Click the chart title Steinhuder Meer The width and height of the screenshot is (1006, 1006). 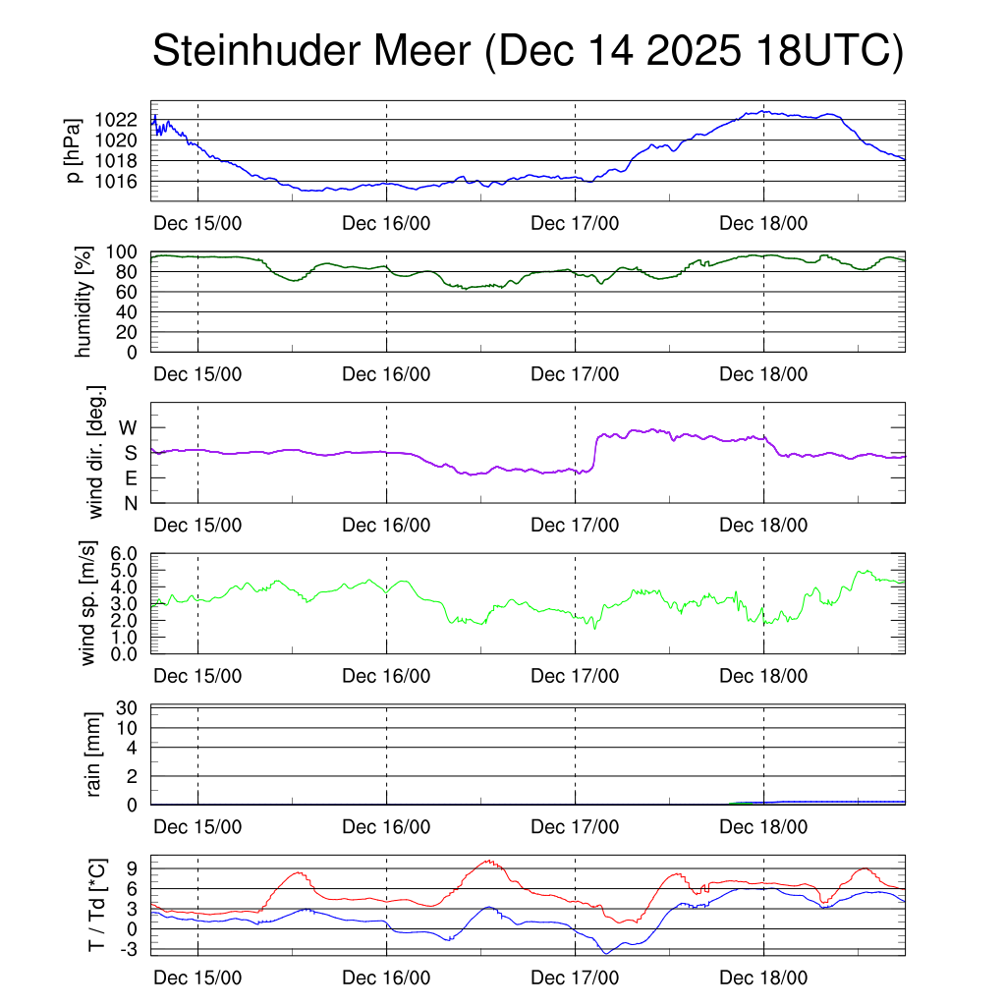click(312, 52)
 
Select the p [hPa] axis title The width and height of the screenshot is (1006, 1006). click(74, 150)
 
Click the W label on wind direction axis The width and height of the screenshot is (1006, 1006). click(128, 427)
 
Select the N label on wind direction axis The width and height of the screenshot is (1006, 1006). click(129, 503)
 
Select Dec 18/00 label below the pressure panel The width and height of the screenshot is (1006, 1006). click(763, 223)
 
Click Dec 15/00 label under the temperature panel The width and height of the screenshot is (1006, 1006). click(197, 978)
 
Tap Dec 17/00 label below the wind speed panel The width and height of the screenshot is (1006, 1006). click(575, 676)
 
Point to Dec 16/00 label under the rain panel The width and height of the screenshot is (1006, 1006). click(386, 827)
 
